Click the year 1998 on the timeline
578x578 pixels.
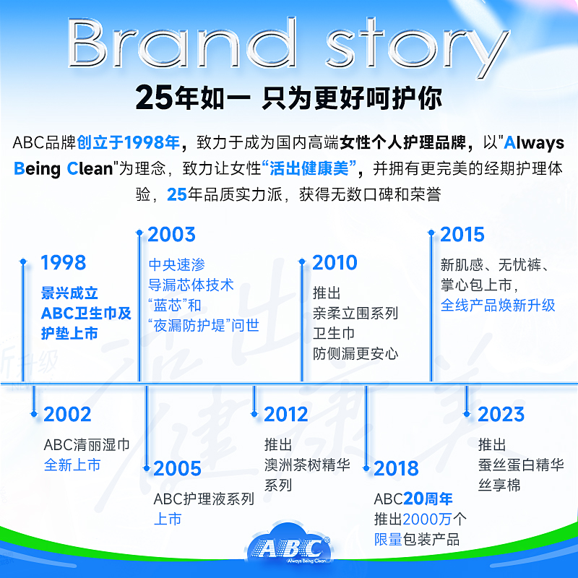click(63, 262)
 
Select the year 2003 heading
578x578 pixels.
click(171, 234)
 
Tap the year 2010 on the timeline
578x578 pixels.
click(335, 262)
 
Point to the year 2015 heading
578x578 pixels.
click(462, 234)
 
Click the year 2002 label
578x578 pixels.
click(67, 415)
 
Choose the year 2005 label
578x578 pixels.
click(177, 469)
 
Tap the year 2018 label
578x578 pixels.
click(396, 469)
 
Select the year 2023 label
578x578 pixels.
click(501, 415)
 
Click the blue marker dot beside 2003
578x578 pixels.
click(140, 232)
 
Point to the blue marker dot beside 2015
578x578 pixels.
click(431, 232)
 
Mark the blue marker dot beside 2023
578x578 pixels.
click(469, 413)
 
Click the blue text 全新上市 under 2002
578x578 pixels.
click(72, 465)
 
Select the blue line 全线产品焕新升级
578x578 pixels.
click(498, 305)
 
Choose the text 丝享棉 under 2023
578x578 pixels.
click(499, 484)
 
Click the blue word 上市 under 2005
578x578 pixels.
click(168, 519)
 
